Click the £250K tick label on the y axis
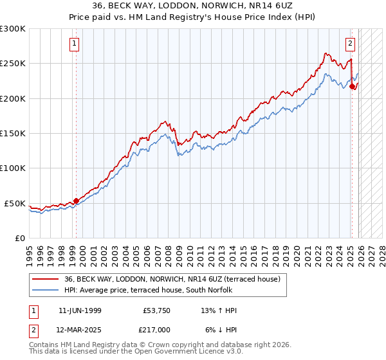pos(13,64)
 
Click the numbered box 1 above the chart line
pos(75,44)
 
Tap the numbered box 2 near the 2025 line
pos(350,44)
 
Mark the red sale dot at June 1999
pos(77,201)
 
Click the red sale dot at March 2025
pos(353,87)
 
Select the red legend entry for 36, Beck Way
pos(172,279)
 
